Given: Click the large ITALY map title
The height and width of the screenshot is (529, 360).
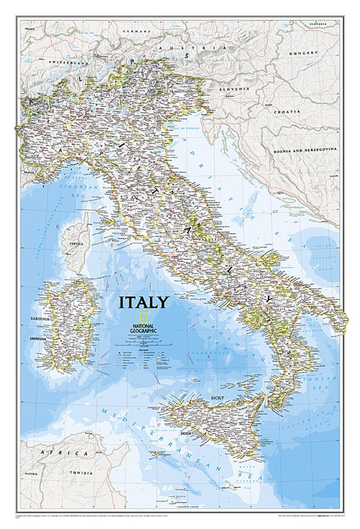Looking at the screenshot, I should [144, 301].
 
